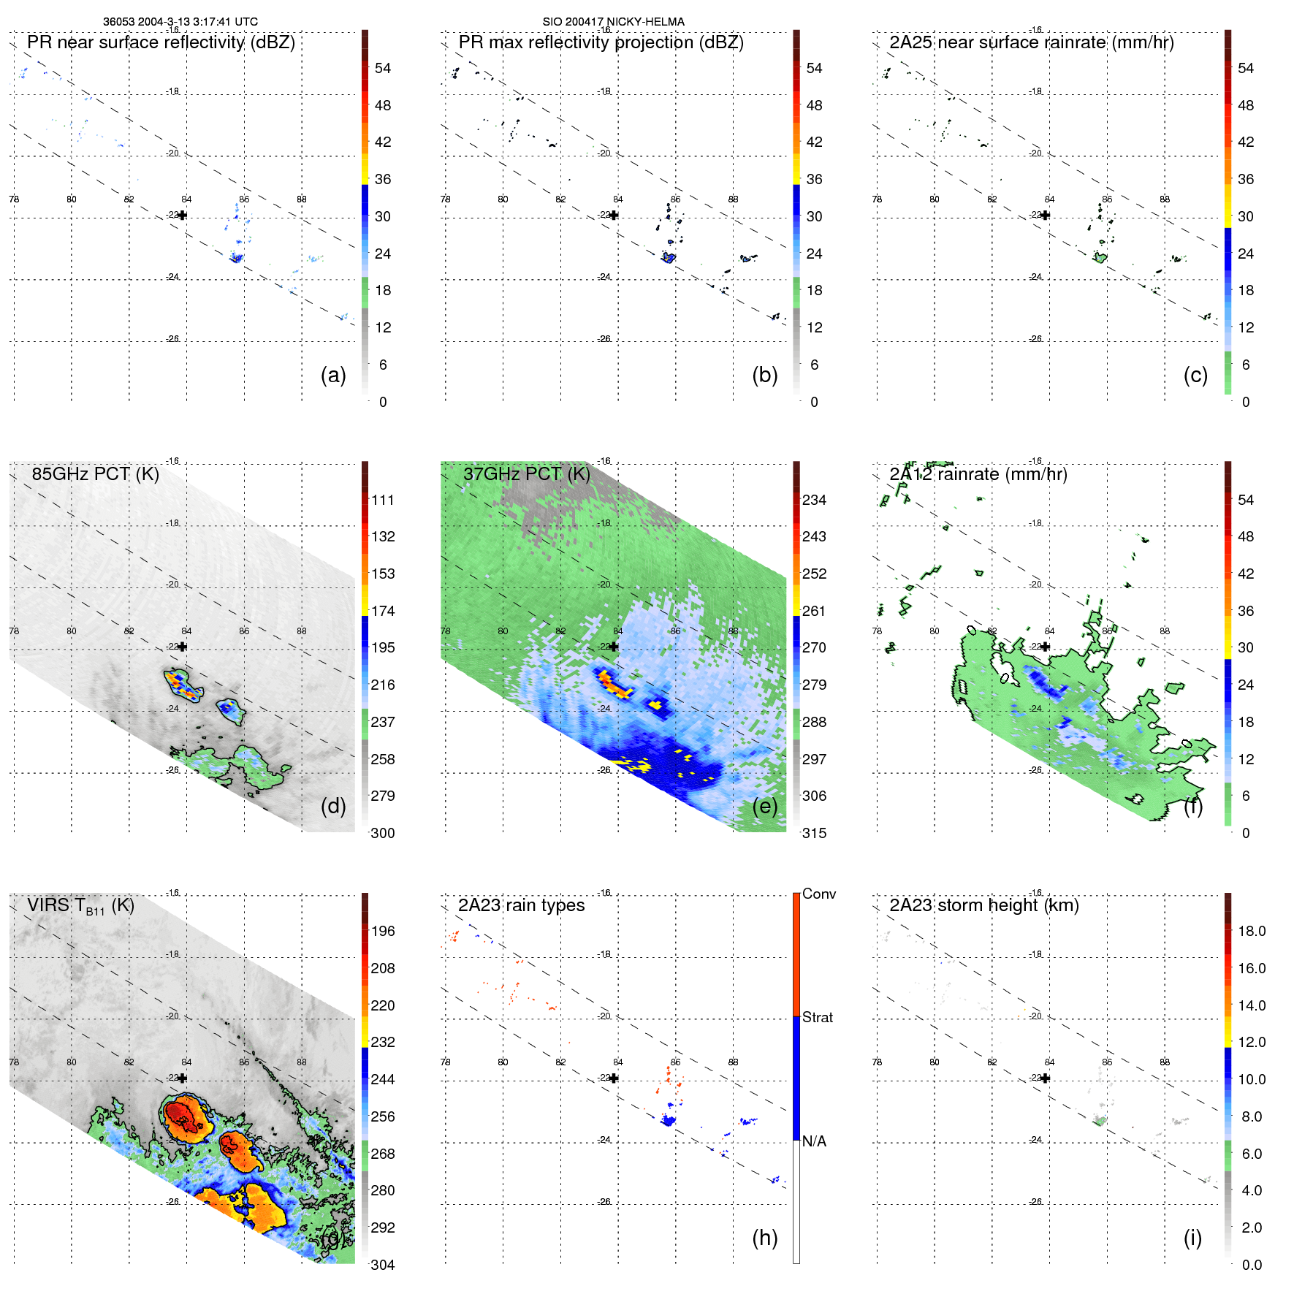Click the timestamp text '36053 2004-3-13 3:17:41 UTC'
(x=180, y=22)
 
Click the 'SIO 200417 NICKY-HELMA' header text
(x=613, y=22)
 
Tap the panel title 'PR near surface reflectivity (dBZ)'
(x=161, y=42)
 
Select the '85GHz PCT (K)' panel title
(x=95, y=474)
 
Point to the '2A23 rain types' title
(x=521, y=905)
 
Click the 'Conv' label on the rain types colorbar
(x=818, y=894)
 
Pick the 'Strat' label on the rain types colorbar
(x=817, y=1017)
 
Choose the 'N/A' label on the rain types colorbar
(x=814, y=1141)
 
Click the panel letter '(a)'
(x=333, y=375)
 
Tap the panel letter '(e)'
(x=764, y=806)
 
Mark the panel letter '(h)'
(x=764, y=1237)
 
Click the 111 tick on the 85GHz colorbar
(x=383, y=501)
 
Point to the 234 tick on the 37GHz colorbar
(x=814, y=501)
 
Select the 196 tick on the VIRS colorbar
(x=383, y=932)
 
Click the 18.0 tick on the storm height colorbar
(x=1252, y=932)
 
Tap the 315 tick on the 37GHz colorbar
(x=814, y=833)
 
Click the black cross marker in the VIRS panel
(x=183, y=1078)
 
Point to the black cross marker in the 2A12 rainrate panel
(x=1046, y=647)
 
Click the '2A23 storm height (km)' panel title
(x=983, y=905)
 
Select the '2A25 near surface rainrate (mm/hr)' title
(x=1031, y=42)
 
